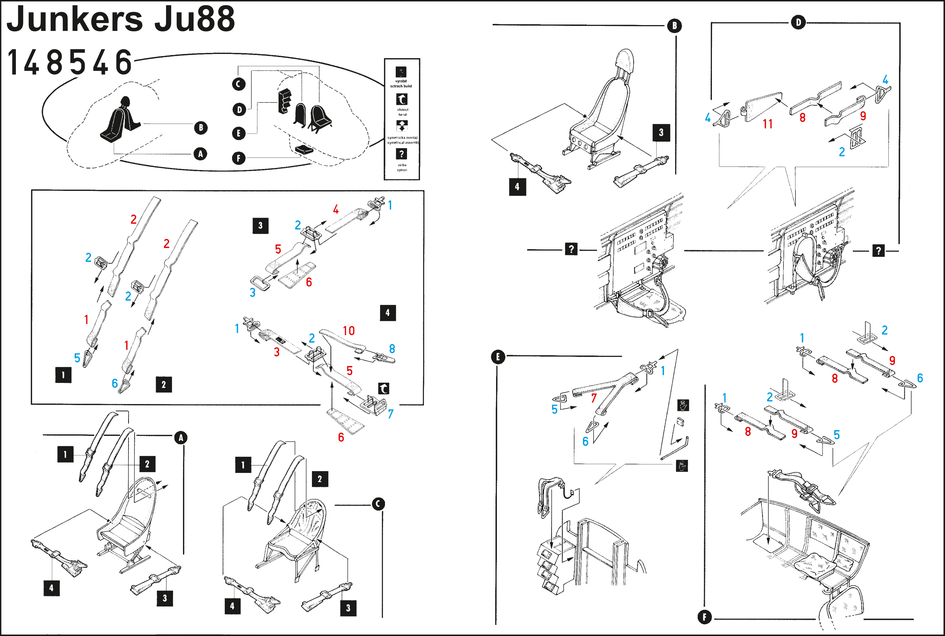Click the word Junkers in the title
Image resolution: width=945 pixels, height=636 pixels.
[75, 19]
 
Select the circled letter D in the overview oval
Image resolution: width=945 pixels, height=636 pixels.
[239, 109]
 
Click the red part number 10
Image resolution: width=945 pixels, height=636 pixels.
[348, 331]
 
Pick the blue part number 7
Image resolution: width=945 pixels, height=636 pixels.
[390, 414]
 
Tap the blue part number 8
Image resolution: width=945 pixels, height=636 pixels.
[392, 349]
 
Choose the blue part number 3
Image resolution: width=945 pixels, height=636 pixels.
[252, 293]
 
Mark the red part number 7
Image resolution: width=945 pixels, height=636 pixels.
[594, 398]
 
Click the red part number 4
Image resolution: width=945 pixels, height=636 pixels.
[336, 209]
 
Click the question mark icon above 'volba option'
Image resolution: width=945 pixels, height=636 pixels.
[402, 154]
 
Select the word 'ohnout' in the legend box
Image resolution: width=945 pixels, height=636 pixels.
[402, 109]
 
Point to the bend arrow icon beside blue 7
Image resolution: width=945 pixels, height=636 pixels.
[384, 388]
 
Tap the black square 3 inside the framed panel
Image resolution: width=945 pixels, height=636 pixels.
[260, 225]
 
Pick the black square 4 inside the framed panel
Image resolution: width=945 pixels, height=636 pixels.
[387, 313]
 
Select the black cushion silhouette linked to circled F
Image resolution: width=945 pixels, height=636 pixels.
[304, 149]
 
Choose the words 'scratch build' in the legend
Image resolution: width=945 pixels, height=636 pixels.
[401, 86]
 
